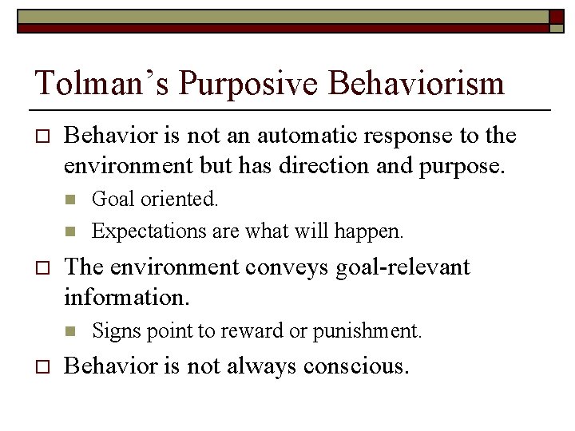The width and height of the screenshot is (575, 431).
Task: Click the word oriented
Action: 180,200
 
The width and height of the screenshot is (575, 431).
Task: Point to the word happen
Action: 375,231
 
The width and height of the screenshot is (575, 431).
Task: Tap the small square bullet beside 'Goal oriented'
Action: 69,200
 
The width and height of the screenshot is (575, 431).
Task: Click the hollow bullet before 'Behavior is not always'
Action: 39,367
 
